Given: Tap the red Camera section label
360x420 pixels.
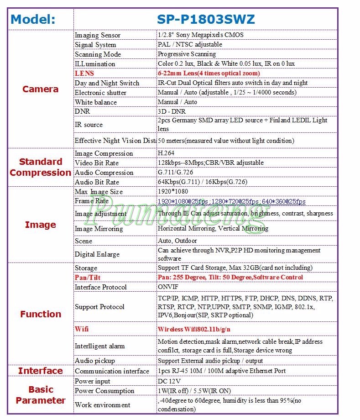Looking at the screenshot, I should (x=40, y=89).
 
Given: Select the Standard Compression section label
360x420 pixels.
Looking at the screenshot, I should (x=40, y=167).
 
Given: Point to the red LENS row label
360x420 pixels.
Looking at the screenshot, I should (x=84, y=73).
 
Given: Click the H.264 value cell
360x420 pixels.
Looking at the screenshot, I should (x=166, y=153).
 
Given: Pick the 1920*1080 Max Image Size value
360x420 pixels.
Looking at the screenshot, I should (x=173, y=192).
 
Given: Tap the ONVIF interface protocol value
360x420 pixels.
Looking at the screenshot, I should (x=168, y=287).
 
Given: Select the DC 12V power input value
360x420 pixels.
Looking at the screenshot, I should (x=169, y=381).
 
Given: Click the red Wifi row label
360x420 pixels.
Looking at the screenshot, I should (x=82, y=329).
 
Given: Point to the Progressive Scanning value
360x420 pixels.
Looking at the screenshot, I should (x=187, y=54).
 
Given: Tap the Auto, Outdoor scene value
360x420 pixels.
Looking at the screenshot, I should (x=177, y=241).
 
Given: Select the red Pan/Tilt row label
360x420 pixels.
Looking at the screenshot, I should (x=88, y=278).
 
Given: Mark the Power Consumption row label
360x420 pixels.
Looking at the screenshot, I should (x=104, y=391).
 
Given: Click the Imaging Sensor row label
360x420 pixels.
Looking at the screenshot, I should (x=98, y=35).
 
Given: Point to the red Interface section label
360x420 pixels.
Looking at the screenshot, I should (x=40, y=371).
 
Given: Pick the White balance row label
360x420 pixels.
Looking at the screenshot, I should (x=96, y=102).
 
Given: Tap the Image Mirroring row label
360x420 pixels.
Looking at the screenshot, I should (x=99, y=229).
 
